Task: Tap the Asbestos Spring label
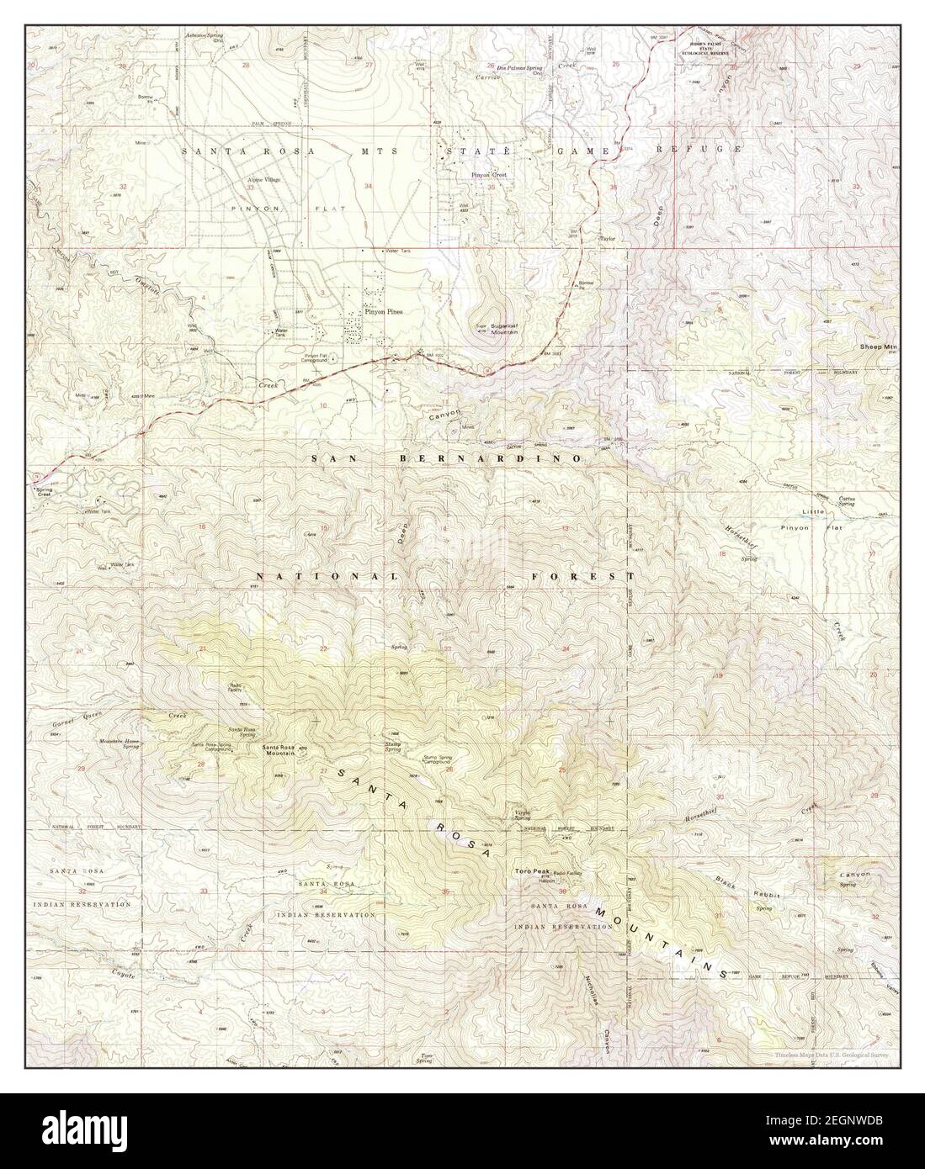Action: tap(205, 37)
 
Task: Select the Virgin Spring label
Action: tap(527, 815)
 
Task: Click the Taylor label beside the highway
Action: tap(607, 239)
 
